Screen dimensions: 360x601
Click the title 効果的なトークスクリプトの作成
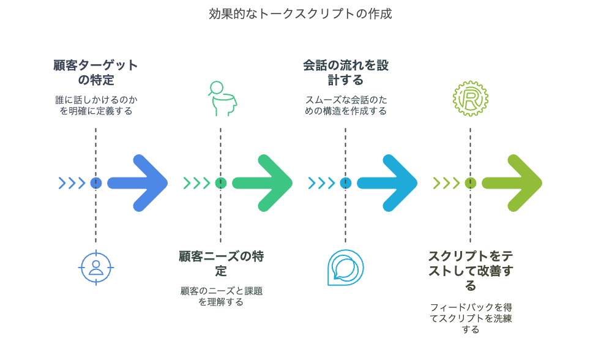click(x=300, y=13)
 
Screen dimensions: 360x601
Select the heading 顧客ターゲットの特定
click(x=95, y=72)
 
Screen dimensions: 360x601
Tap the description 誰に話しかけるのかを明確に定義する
click(x=95, y=105)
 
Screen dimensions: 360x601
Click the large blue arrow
click(x=138, y=182)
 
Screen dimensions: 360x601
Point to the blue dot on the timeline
click(x=95, y=182)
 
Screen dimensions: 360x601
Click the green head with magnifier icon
click(x=220, y=99)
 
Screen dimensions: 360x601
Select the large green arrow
click(x=263, y=182)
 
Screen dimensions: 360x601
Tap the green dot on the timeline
click(x=221, y=182)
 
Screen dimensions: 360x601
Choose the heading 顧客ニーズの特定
click(x=221, y=263)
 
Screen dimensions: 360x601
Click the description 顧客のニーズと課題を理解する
click(x=221, y=296)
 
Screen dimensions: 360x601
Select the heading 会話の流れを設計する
click(x=345, y=72)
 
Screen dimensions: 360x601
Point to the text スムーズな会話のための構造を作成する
click(x=345, y=105)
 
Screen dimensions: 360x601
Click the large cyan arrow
click(x=387, y=182)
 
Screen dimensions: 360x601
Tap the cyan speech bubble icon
click(x=345, y=268)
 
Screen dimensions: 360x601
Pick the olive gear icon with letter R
click(x=470, y=99)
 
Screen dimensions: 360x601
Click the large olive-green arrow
click(x=512, y=182)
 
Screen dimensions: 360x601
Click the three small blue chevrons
click(x=72, y=182)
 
